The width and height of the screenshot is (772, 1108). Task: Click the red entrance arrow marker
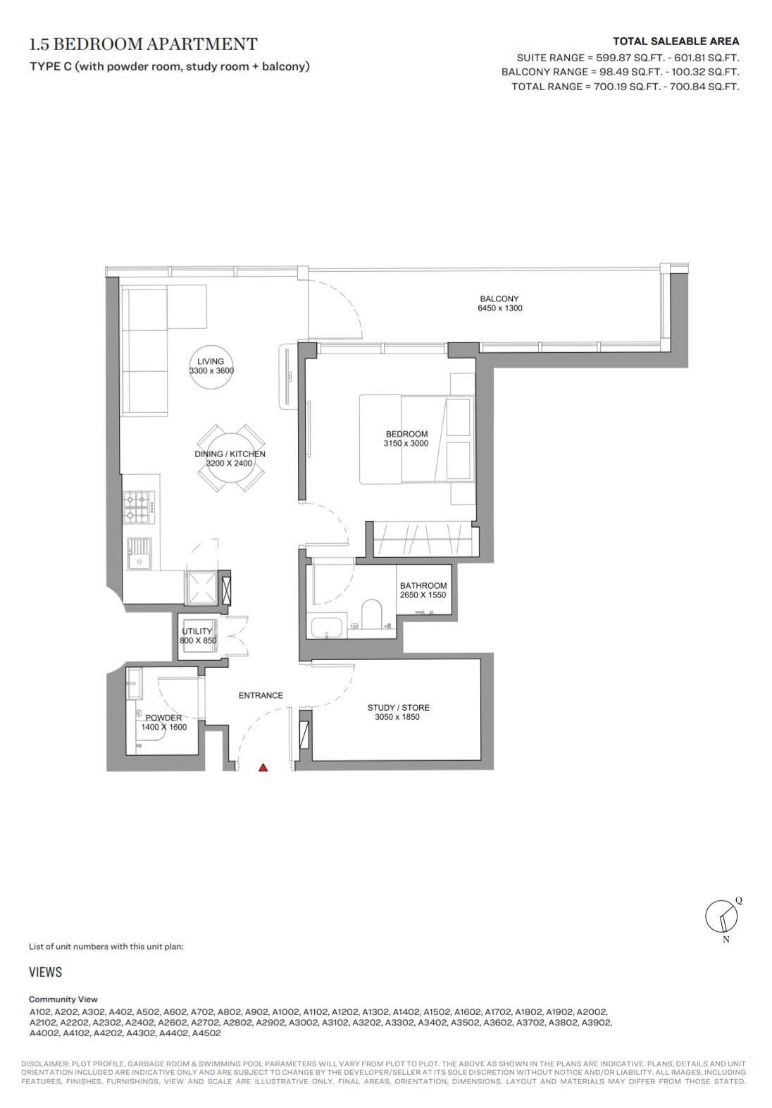click(x=263, y=768)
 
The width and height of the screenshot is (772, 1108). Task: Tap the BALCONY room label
click(x=499, y=299)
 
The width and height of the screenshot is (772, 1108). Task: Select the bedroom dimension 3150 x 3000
click(x=406, y=443)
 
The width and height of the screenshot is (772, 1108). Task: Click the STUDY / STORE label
click(x=398, y=707)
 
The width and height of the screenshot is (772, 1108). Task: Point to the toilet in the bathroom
click(x=371, y=614)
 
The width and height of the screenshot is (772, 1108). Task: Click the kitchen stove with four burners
click(x=139, y=507)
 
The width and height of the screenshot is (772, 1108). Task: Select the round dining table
click(x=230, y=458)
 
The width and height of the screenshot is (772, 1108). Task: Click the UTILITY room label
click(x=197, y=631)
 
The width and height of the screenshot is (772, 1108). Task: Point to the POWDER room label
click(x=163, y=718)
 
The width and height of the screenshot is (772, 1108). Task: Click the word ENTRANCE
click(x=261, y=695)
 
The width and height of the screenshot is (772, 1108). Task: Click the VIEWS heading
click(x=46, y=972)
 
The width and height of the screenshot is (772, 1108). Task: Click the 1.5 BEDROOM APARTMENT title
click(x=144, y=44)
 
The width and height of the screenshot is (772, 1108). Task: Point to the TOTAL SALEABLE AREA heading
click(x=676, y=42)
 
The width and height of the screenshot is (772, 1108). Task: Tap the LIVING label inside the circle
click(x=211, y=361)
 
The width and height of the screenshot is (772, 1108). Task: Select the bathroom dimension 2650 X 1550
click(x=423, y=595)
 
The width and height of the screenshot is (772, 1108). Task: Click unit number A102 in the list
click(x=40, y=1012)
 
